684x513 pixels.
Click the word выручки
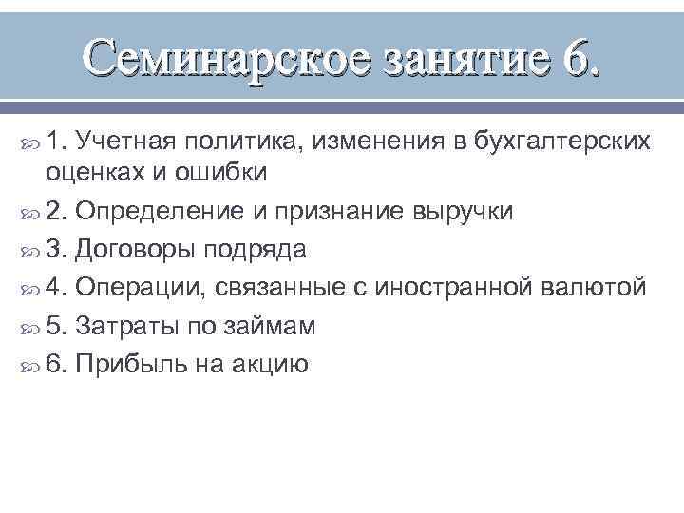coord(458,211)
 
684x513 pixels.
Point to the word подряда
coord(258,249)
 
